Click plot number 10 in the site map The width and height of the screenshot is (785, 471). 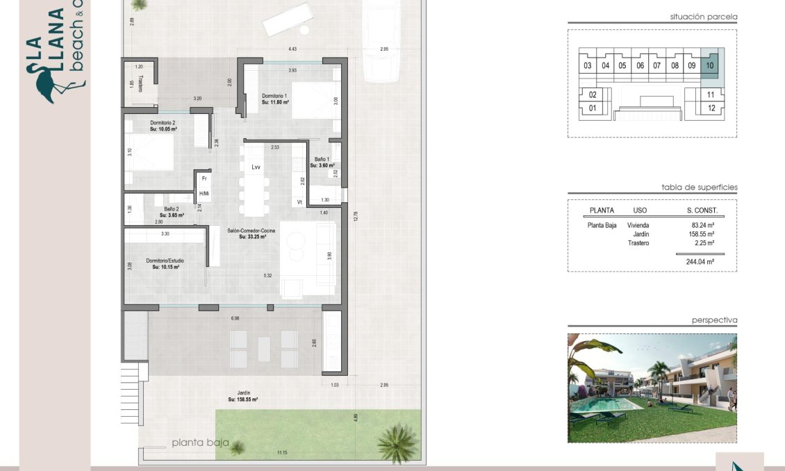709,66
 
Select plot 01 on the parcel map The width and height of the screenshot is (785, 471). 593,108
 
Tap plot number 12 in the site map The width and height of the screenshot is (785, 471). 711,108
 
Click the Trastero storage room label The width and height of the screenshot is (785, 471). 140,83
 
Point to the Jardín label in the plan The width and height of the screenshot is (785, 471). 242,396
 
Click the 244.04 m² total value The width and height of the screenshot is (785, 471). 701,262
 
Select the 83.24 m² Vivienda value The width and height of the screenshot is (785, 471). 703,225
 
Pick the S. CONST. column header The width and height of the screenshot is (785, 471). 702,210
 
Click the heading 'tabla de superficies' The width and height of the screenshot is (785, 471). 699,188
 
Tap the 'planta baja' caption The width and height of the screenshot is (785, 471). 200,442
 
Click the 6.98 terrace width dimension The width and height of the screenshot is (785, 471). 235,318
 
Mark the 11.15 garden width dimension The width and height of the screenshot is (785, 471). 282,453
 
